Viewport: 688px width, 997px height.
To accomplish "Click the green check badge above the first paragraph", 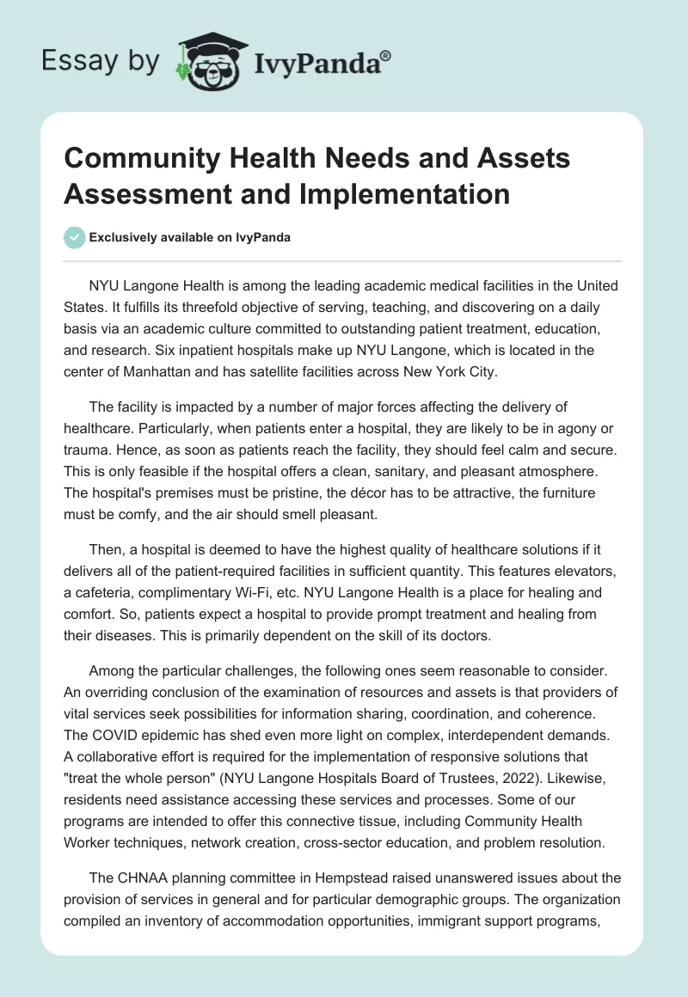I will [x=75, y=237].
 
